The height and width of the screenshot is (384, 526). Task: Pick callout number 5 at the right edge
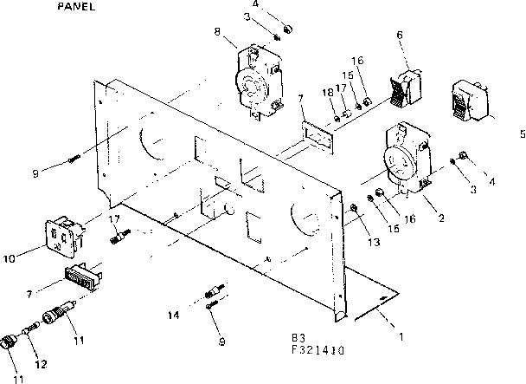point(522,133)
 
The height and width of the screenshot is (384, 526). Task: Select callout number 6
point(400,35)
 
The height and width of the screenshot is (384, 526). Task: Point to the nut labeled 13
point(355,207)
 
